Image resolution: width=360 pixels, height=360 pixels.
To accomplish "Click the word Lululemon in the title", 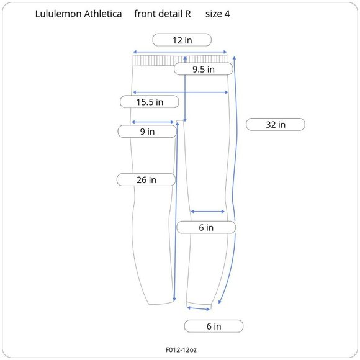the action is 58,14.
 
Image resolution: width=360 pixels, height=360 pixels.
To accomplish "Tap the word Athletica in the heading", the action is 103,14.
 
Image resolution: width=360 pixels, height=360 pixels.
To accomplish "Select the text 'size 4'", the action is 217,14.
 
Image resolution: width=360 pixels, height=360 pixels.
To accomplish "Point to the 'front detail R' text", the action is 163,14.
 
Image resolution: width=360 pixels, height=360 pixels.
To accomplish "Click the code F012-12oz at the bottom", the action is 181,349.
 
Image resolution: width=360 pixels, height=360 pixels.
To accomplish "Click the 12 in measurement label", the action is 182,40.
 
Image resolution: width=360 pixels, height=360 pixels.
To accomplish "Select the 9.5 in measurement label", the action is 204,69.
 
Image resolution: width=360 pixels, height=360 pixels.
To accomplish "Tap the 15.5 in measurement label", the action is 150,102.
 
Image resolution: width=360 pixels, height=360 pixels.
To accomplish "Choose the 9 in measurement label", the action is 147,132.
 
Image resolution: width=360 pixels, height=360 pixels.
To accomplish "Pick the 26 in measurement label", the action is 146,180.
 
